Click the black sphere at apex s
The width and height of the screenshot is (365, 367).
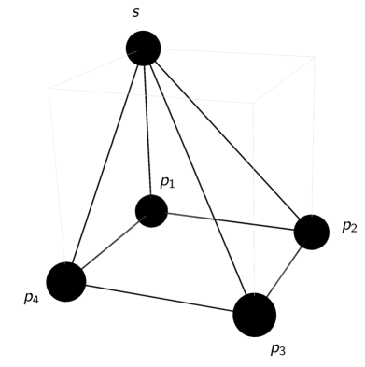tap(144, 48)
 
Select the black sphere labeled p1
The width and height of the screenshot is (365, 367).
tap(151, 211)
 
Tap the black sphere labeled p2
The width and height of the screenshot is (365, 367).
tap(312, 232)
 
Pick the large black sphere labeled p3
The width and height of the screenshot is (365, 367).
tap(254, 314)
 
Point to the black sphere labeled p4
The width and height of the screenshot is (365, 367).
tap(66, 281)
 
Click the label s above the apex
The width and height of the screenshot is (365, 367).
tap(136, 13)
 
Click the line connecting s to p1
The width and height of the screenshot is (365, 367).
tap(147, 131)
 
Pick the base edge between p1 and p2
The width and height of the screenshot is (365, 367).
tap(231, 221)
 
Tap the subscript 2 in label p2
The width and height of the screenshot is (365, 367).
tap(354, 229)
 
